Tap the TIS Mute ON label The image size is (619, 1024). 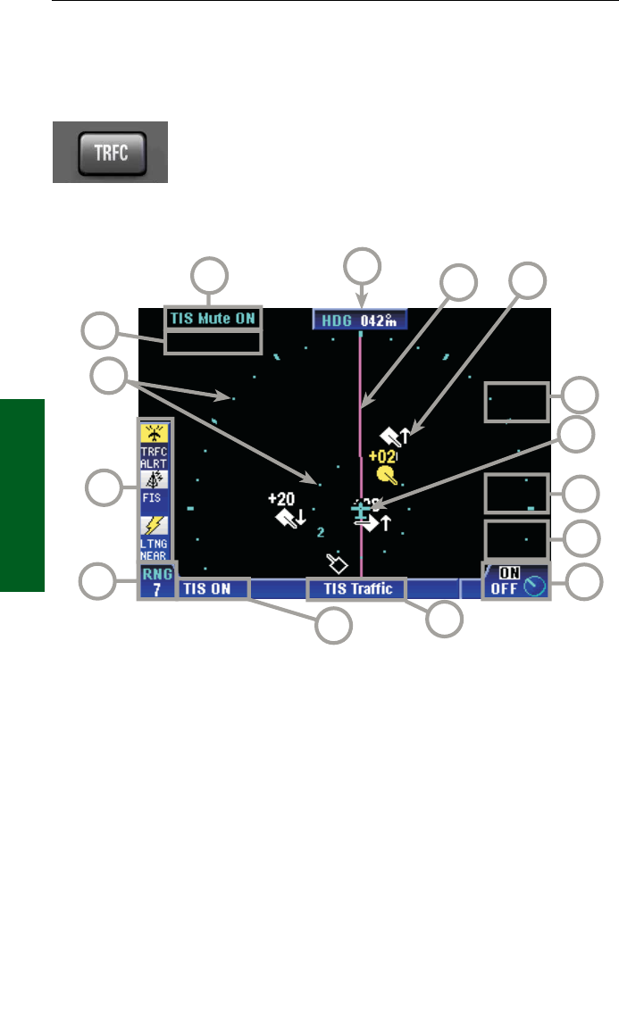click(213, 317)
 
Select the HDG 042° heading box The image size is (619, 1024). click(360, 320)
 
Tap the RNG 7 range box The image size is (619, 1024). click(157, 581)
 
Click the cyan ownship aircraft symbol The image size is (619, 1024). click(360, 511)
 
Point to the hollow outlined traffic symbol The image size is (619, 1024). click(337, 562)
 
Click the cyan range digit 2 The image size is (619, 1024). click(320, 532)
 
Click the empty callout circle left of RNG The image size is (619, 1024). click(98, 581)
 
